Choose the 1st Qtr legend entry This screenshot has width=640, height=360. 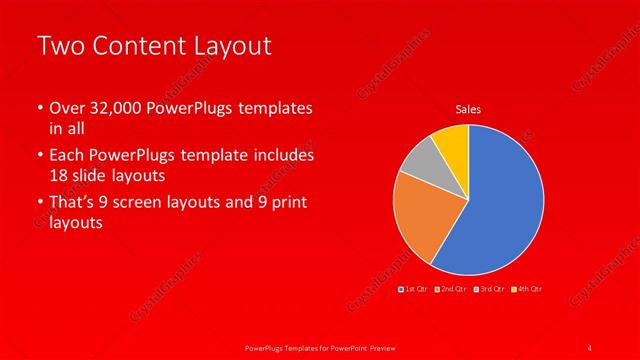point(413,288)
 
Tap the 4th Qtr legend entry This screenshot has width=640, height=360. point(526,288)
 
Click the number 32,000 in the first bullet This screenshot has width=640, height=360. point(113,108)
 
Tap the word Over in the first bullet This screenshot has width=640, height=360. point(66,108)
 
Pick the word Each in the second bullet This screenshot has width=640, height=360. point(66,156)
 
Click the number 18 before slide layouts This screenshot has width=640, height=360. point(59,175)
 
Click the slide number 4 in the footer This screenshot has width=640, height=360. point(590,347)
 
